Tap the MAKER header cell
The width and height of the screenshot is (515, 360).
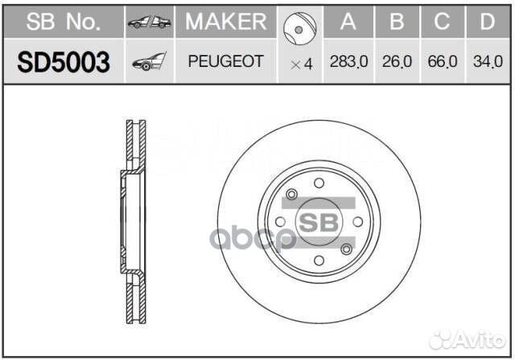(225, 22)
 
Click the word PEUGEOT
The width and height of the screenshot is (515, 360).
(225, 61)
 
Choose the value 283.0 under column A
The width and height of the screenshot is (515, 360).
(348, 61)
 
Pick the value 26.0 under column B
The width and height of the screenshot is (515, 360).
(396, 61)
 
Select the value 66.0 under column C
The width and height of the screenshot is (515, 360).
(442, 61)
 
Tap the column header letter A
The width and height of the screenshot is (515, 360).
(348, 22)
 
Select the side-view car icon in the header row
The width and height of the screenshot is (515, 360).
(149, 23)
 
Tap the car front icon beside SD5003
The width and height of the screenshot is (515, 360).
(149, 61)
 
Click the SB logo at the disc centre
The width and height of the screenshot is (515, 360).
(319, 221)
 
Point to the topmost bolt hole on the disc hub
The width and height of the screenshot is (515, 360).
(319, 182)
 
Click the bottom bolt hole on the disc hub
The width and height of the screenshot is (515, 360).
(319, 260)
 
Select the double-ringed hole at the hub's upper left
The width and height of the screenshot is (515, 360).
(292, 193)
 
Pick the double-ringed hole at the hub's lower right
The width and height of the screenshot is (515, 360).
(346, 248)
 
